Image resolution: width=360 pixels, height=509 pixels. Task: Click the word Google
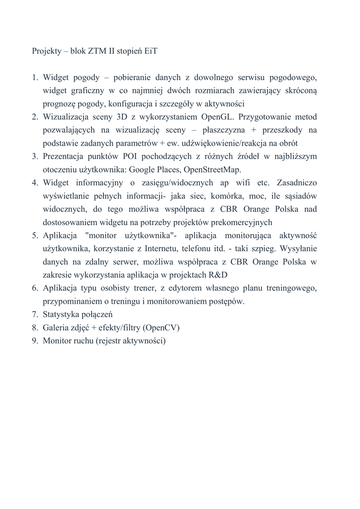[x=142, y=169]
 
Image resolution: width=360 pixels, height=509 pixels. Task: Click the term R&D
[x=217, y=275]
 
